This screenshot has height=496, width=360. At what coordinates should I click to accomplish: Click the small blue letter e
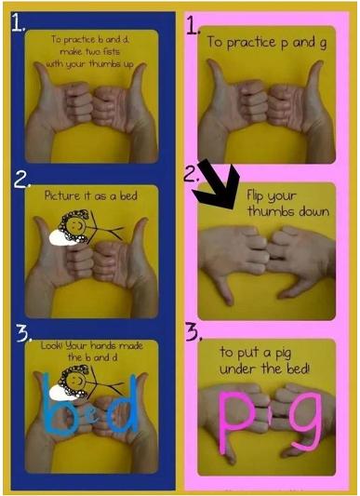[x=92, y=418]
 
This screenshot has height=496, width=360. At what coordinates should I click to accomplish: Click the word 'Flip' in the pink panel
[x=255, y=196]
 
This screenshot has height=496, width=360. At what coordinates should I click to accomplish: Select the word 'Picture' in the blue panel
[x=62, y=195]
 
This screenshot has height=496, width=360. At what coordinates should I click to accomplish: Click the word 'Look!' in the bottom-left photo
[x=52, y=345]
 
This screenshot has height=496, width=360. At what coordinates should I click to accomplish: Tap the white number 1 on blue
[x=18, y=22]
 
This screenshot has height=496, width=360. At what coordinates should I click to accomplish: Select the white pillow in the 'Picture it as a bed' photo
[x=65, y=237]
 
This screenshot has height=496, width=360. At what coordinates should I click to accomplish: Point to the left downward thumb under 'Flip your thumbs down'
[x=225, y=288]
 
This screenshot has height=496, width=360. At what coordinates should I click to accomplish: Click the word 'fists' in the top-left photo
[x=111, y=51]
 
